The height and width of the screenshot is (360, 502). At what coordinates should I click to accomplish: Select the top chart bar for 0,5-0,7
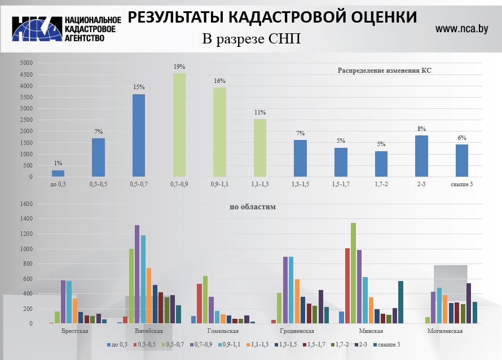tap(139, 135)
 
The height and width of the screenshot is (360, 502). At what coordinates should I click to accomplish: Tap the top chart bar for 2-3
tap(421, 156)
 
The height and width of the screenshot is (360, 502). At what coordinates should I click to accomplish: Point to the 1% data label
tap(58, 163)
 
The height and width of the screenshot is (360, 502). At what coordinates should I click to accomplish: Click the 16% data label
tap(219, 81)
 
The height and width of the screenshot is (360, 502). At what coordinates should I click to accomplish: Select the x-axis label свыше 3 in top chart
tap(461, 184)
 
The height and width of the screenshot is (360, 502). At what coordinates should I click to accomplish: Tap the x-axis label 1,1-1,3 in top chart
tap(260, 184)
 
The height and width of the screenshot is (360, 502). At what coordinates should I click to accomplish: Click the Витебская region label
tap(149, 331)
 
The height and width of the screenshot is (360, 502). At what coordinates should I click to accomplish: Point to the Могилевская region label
tap(445, 331)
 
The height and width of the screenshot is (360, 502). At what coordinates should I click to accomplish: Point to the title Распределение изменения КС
tap(388, 71)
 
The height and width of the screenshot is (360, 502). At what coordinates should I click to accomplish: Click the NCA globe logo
tap(37, 28)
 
